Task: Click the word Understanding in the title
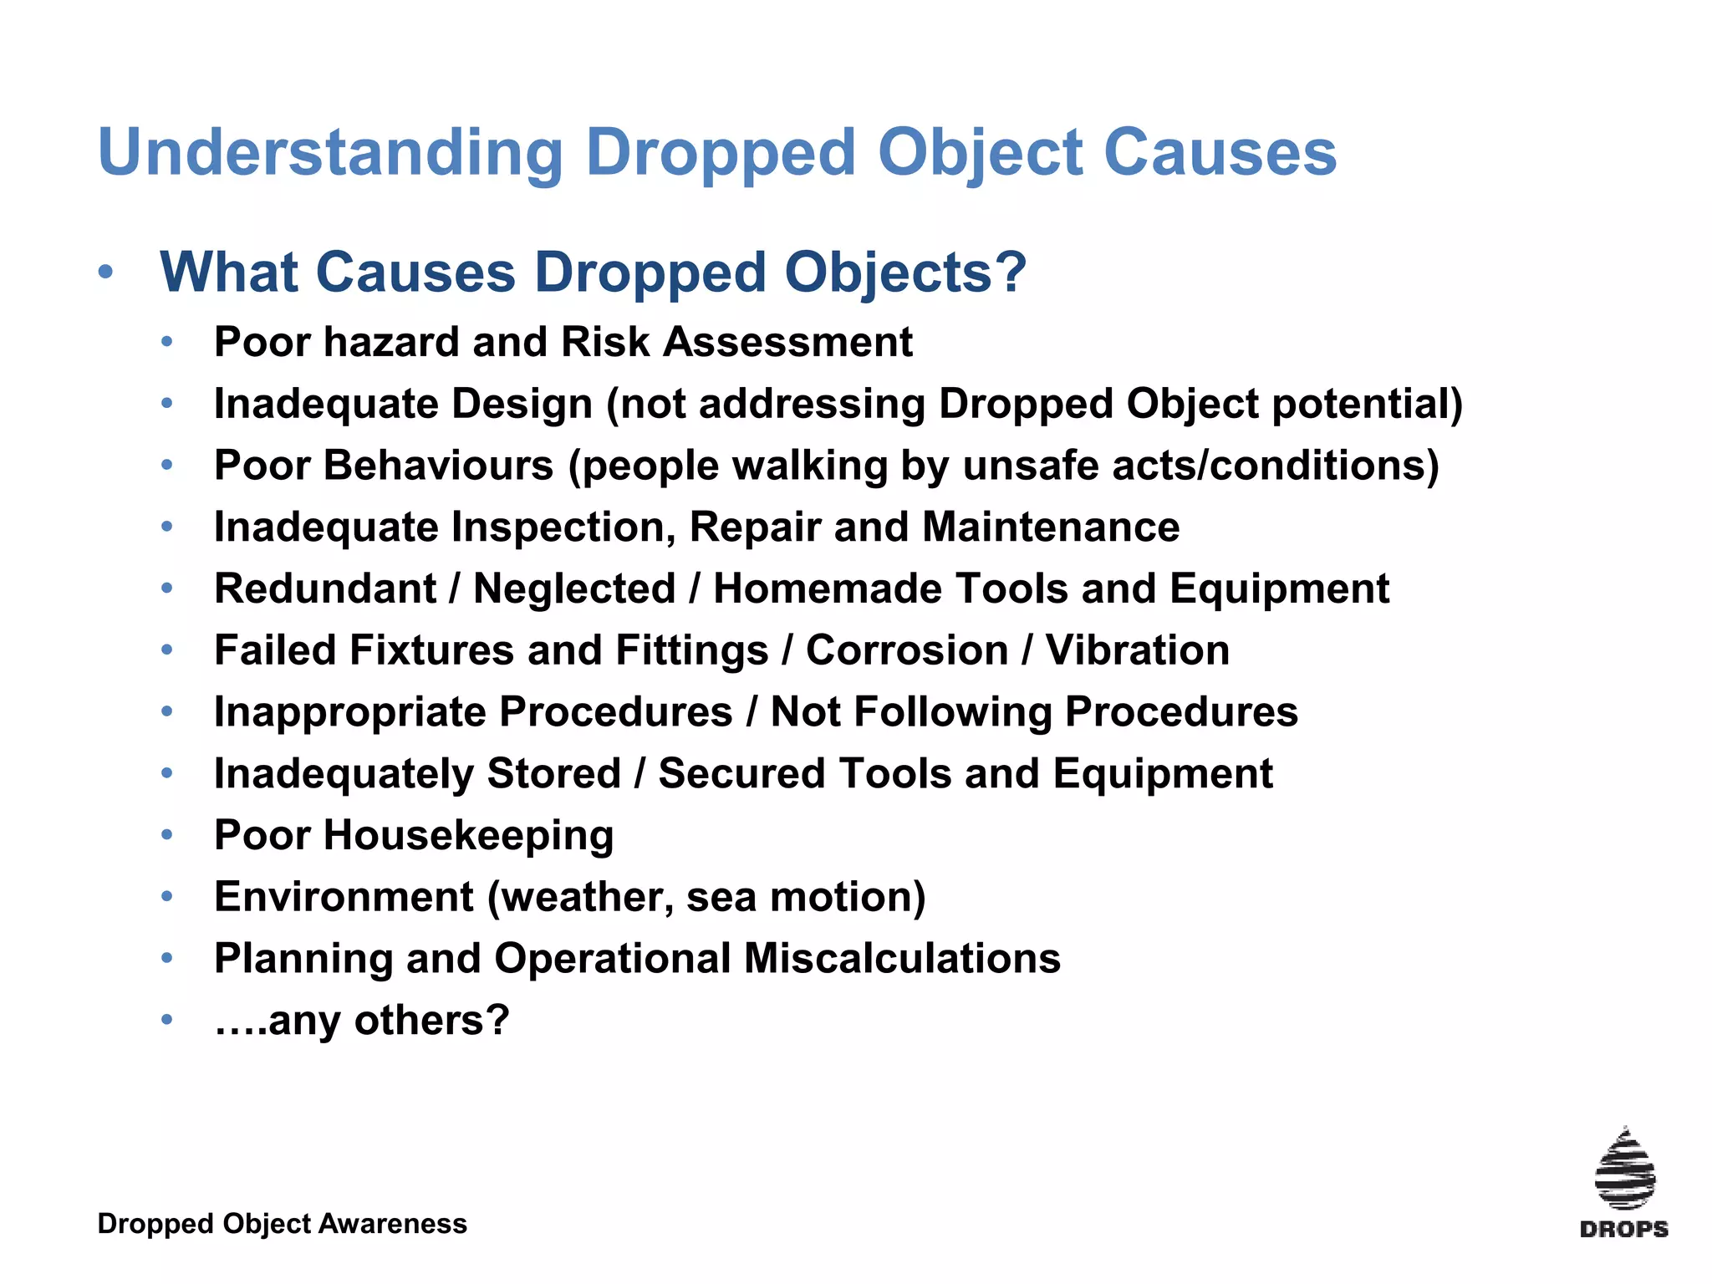(330, 153)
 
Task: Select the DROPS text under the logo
(1623, 1229)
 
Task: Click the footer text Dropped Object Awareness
(282, 1224)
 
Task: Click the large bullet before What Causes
(105, 273)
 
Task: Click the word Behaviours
(438, 466)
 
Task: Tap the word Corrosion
(907, 650)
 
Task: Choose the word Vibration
(1137, 650)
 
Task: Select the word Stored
(553, 773)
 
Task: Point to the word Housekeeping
(468, 835)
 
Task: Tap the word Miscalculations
(902, 958)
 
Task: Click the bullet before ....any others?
(167, 1020)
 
